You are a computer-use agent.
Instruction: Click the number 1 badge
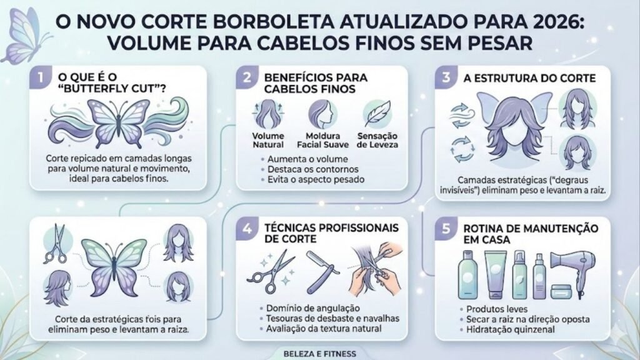pyautogui.click(x=40, y=80)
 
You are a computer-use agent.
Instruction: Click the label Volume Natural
pyautogui.click(x=267, y=140)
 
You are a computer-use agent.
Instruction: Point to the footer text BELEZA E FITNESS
pyautogui.click(x=319, y=353)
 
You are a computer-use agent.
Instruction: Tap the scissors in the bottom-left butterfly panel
pyautogui.click(x=57, y=245)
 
